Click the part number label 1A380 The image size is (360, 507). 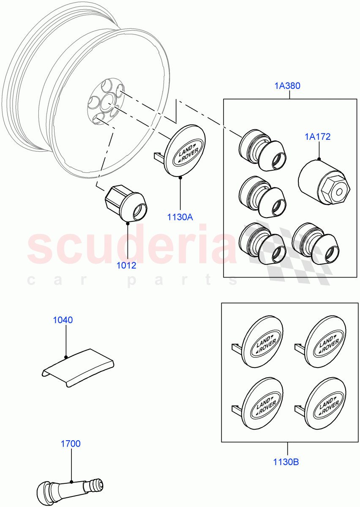(x=288, y=86)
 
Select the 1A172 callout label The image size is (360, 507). (x=317, y=137)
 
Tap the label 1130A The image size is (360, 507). (x=180, y=217)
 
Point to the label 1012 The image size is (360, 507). (x=127, y=266)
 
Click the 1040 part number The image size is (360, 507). (x=63, y=320)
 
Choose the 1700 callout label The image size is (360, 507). (x=70, y=444)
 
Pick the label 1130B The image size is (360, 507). (x=286, y=462)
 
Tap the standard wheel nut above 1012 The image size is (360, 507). (x=126, y=204)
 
